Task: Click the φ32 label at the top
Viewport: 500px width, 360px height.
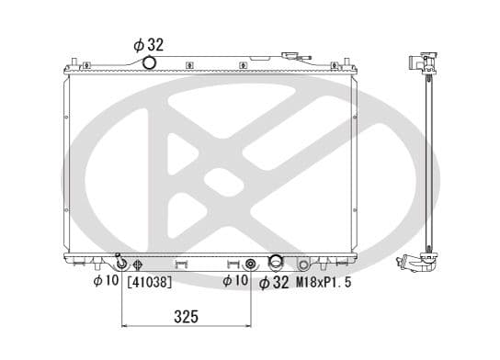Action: click(148, 43)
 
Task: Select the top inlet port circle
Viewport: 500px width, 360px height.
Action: click(149, 62)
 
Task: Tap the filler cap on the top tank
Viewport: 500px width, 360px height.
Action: click(295, 56)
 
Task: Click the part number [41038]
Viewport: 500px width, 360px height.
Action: click(148, 282)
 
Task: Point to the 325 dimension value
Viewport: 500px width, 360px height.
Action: click(187, 317)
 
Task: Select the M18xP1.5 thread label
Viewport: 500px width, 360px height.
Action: click(323, 282)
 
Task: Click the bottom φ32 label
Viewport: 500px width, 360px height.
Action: click(276, 283)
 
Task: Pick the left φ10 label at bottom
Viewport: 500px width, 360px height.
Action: click(106, 281)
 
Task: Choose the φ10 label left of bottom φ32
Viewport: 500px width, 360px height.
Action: click(237, 281)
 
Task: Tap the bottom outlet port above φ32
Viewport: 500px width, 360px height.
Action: click(275, 263)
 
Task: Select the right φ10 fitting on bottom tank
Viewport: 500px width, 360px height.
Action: click(250, 264)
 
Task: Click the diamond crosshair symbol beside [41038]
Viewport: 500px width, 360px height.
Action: click(136, 265)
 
